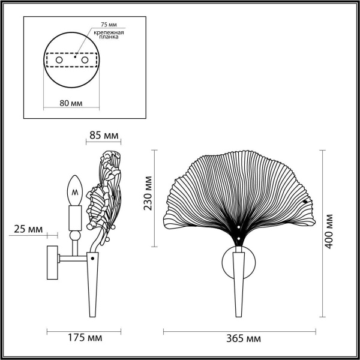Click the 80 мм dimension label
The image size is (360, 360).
pyautogui.click(x=71, y=103)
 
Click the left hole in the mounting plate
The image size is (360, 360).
pyautogui.click(x=58, y=61)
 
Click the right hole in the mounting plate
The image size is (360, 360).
pyautogui.click(x=85, y=61)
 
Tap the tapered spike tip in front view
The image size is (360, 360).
pyautogui.click(x=239, y=312)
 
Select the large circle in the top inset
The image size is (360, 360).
pyautogui.click(x=71, y=61)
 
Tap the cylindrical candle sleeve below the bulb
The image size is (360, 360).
pyautogui.click(x=75, y=217)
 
